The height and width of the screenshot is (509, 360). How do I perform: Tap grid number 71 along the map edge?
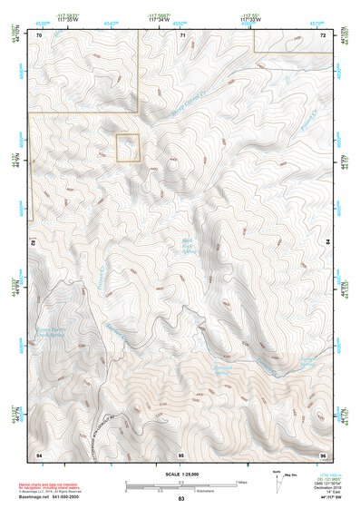click(x=181, y=34)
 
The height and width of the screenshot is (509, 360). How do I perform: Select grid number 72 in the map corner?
click(x=323, y=34)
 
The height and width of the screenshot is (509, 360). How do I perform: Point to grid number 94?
click(x=39, y=453)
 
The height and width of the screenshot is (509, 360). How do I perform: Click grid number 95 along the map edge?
click(x=181, y=453)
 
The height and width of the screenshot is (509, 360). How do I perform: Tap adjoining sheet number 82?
click(x=33, y=243)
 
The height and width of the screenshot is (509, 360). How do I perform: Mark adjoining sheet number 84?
click(x=328, y=243)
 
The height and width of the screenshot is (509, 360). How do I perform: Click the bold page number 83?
click(x=181, y=499)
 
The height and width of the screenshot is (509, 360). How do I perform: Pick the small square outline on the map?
click(x=128, y=148)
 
